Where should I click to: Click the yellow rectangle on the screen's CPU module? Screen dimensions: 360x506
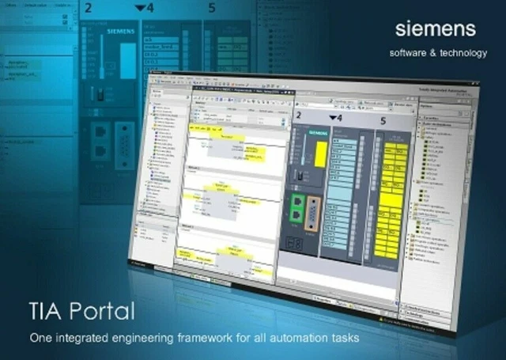[x=319, y=150]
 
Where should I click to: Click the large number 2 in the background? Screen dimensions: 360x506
[x=88, y=9]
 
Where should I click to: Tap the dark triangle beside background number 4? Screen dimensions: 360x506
[x=140, y=8]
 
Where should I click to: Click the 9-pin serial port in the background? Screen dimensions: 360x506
[x=126, y=148]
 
